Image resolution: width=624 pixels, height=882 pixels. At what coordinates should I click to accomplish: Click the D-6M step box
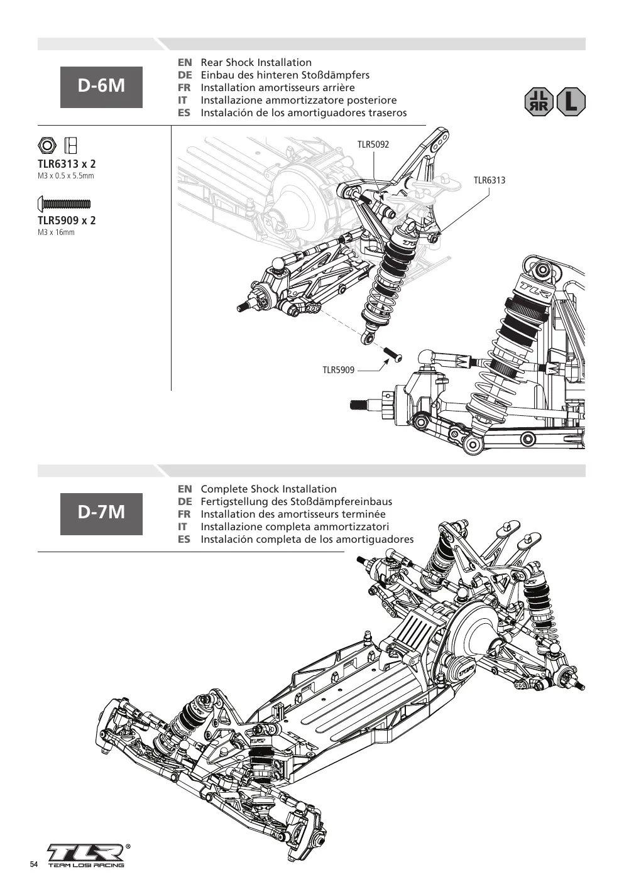point(101,87)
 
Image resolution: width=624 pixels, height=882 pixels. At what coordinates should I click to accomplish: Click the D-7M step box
point(101,513)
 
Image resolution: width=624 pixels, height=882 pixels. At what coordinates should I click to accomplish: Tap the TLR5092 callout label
point(373,144)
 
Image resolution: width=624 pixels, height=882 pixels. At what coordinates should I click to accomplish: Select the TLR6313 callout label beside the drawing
point(490,180)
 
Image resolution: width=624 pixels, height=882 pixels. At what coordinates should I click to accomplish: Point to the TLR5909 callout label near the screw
point(339,370)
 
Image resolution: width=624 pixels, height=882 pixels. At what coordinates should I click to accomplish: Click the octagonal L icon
point(571,102)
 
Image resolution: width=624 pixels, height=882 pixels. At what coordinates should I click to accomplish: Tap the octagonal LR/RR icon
point(539,102)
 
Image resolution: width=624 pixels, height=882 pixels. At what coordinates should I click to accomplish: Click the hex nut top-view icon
point(47,146)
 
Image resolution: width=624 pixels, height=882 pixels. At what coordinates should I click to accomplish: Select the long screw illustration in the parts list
point(64,204)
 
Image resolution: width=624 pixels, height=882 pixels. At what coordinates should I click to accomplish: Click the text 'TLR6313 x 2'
point(67,164)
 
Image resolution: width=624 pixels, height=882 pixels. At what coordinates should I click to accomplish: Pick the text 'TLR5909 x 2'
point(67,220)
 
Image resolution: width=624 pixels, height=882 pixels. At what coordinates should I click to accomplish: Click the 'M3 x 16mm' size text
point(56,232)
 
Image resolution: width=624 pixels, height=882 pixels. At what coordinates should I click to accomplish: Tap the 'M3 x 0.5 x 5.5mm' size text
point(66,176)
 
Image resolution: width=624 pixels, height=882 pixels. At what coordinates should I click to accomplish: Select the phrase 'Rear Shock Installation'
point(256,63)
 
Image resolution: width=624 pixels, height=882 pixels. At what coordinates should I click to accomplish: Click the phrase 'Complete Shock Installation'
point(269,489)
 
